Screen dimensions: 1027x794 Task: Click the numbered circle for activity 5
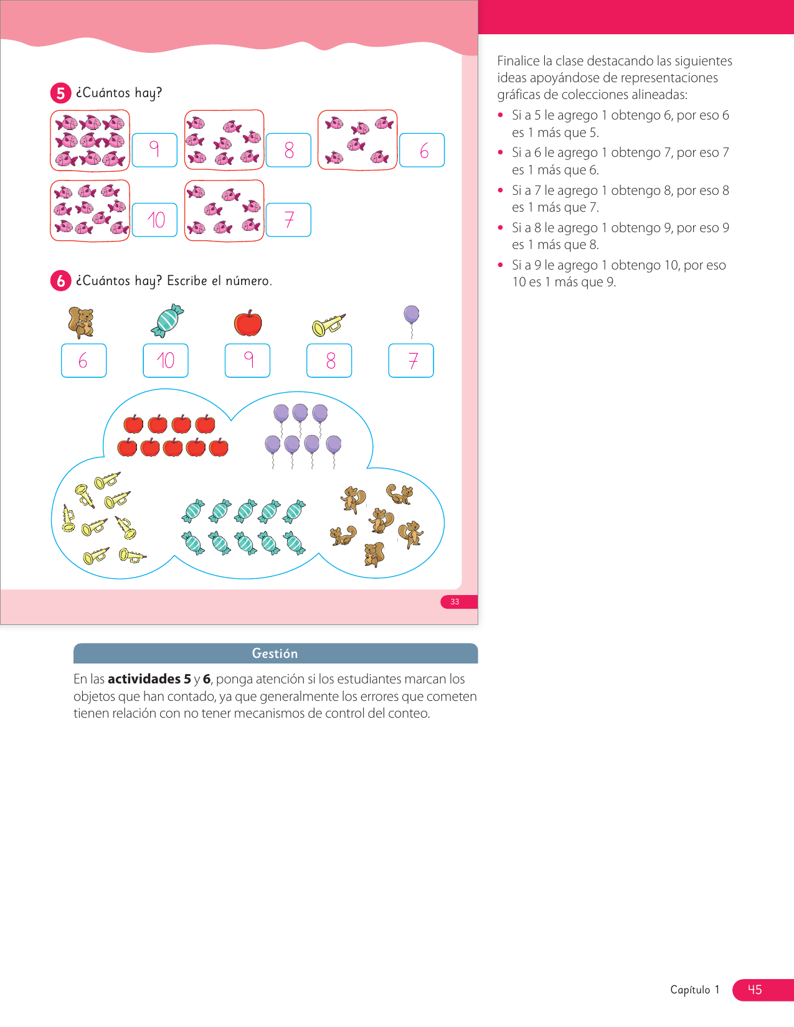click(60, 93)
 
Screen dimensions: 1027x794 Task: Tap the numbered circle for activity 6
click(60, 281)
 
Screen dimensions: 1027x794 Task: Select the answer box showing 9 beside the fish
click(154, 150)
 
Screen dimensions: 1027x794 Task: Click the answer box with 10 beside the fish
click(154, 220)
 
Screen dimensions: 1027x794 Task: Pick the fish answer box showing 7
click(288, 220)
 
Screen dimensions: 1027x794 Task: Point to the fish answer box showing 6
click(422, 150)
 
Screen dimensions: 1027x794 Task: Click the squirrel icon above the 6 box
click(82, 322)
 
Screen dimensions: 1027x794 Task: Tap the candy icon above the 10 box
click(167, 321)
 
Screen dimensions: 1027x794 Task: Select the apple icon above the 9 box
click(248, 323)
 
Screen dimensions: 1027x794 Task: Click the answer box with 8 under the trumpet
click(329, 360)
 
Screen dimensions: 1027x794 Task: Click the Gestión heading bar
click(275, 654)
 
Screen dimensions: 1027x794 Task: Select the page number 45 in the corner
click(755, 990)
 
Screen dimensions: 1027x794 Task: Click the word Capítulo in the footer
click(690, 990)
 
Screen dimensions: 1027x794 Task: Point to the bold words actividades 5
click(149, 679)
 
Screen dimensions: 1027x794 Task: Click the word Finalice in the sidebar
click(518, 61)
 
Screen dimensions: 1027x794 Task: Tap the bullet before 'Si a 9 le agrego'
click(501, 265)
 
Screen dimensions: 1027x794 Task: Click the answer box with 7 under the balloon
click(411, 360)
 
